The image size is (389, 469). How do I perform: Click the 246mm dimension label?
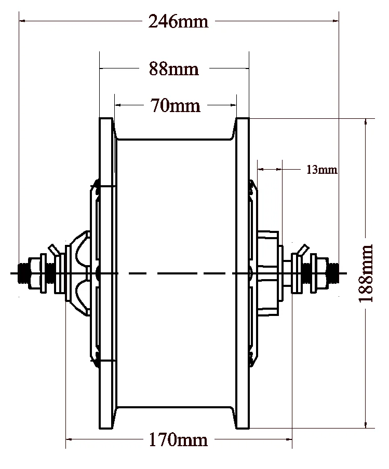pyautogui.click(x=178, y=22)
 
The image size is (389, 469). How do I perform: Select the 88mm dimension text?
pyautogui.click(x=174, y=69)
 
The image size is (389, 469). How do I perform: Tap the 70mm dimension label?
pyautogui.click(x=175, y=105)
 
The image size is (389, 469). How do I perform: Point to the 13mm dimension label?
pyautogui.click(x=321, y=170)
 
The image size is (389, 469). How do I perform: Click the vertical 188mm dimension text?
pyautogui.click(x=366, y=273)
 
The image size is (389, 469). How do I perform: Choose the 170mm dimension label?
pyautogui.click(x=178, y=440)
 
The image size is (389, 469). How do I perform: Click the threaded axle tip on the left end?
pyautogui.click(x=23, y=273)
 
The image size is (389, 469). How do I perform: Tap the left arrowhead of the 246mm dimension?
pyautogui.click(x=23, y=21)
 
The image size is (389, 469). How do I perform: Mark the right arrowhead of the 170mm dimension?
pyautogui.click(x=288, y=440)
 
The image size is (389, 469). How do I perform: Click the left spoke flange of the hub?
pyautogui.click(x=105, y=273)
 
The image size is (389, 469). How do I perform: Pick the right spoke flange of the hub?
pyautogui.click(x=243, y=273)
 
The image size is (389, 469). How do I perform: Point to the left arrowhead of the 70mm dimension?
pyautogui.click(x=118, y=105)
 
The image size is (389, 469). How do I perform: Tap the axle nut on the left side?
pyautogui.click(x=36, y=273)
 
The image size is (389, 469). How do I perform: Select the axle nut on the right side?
pyautogui.click(x=321, y=273)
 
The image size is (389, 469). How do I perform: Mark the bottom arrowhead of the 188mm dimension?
pyautogui.click(x=367, y=425)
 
